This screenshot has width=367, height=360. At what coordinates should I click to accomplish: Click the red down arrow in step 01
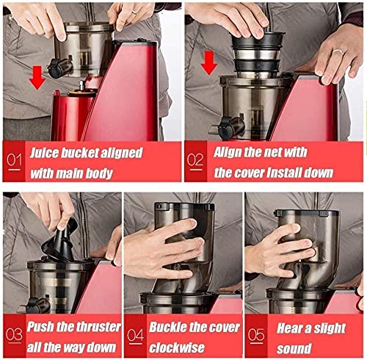(x=37, y=78)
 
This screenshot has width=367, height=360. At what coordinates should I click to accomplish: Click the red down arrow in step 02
(x=209, y=63)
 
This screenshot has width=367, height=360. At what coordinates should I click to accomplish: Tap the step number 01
(x=14, y=161)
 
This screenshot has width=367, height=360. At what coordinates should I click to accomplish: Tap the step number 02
(x=195, y=161)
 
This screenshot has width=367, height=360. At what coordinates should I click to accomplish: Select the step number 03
(x=14, y=335)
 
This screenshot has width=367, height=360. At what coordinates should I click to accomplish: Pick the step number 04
(x=135, y=336)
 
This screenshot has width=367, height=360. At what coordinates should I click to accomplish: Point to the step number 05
(x=256, y=336)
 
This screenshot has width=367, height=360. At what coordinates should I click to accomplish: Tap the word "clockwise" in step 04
(x=177, y=348)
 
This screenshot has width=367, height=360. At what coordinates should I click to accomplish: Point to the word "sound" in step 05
(x=294, y=349)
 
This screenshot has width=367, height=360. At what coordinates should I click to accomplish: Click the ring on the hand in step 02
(x=338, y=51)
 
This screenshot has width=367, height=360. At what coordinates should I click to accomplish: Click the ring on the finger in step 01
(x=134, y=12)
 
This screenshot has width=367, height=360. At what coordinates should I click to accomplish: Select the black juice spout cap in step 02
(x=230, y=127)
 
